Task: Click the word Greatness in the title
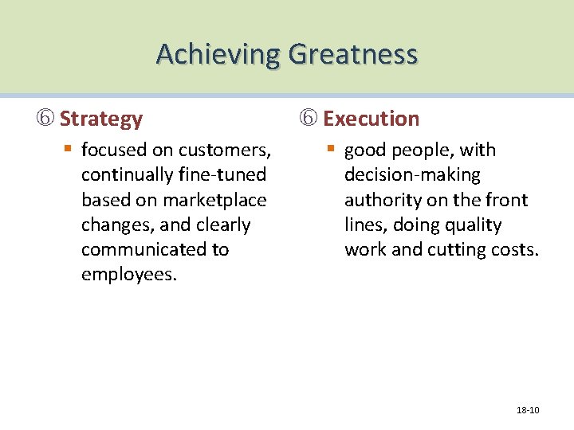click(x=352, y=54)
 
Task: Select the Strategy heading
click(x=100, y=119)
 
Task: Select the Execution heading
click(x=371, y=119)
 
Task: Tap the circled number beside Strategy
click(x=48, y=119)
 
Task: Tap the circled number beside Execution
click(x=309, y=119)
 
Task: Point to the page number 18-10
click(x=528, y=410)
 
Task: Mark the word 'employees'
click(x=128, y=275)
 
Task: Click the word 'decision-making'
click(x=412, y=174)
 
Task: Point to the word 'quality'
click(x=472, y=225)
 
